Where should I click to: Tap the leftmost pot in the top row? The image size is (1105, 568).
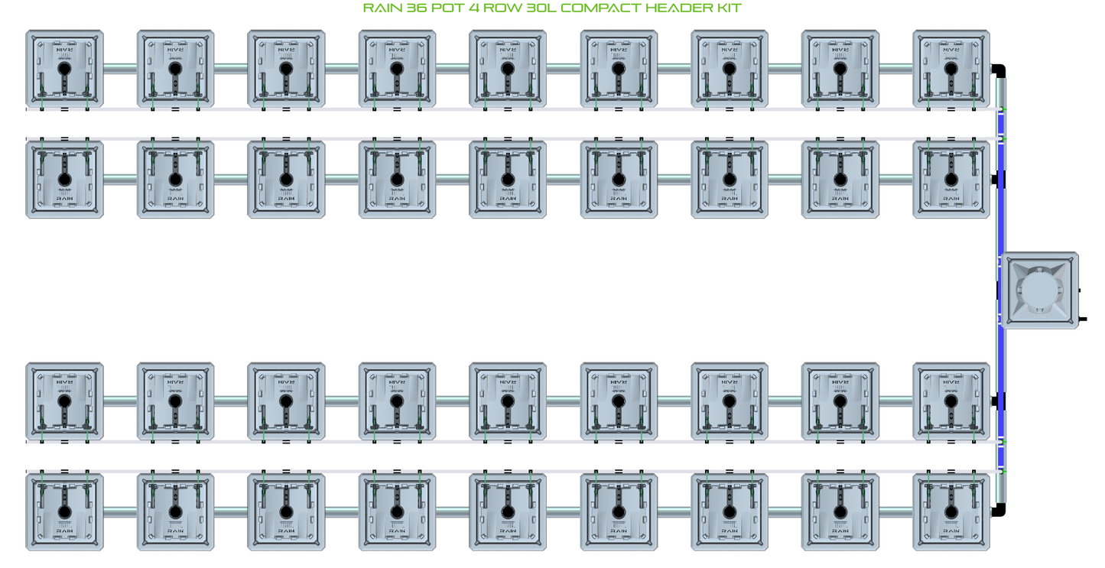[x=64, y=69]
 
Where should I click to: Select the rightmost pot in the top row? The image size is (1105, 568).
[x=951, y=69]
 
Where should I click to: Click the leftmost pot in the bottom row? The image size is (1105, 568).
[x=64, y=511]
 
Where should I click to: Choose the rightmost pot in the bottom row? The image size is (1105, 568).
[x=951, y=511]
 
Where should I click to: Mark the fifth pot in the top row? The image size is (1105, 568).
[x=507, y=69]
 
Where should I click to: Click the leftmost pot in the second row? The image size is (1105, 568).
[x=64, y=179]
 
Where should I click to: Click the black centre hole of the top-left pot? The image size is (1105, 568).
[x=64, y=68]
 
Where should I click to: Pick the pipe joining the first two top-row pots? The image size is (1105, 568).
[x=120, y=69]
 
